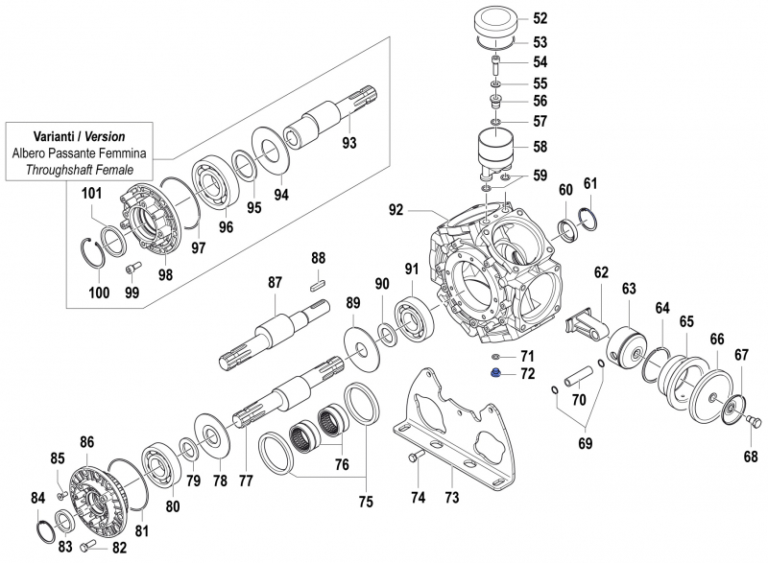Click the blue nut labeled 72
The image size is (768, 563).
(492, 372)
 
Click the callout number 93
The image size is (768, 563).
(349, 144)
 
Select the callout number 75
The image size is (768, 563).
(364, 500)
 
